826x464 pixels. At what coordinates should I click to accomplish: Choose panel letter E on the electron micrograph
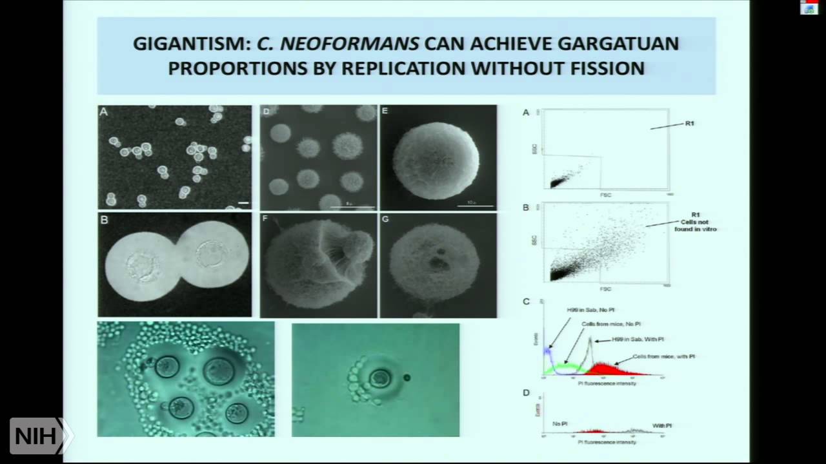click(x=385, y=111)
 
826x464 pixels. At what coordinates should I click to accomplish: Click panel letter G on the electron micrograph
click(x=385, y=219)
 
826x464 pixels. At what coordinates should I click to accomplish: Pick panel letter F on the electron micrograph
click(x=265, y=219)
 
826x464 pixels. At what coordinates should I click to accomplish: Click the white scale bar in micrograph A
click(x=243, y=203)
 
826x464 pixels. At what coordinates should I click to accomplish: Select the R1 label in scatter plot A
click(x=690, y=123)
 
